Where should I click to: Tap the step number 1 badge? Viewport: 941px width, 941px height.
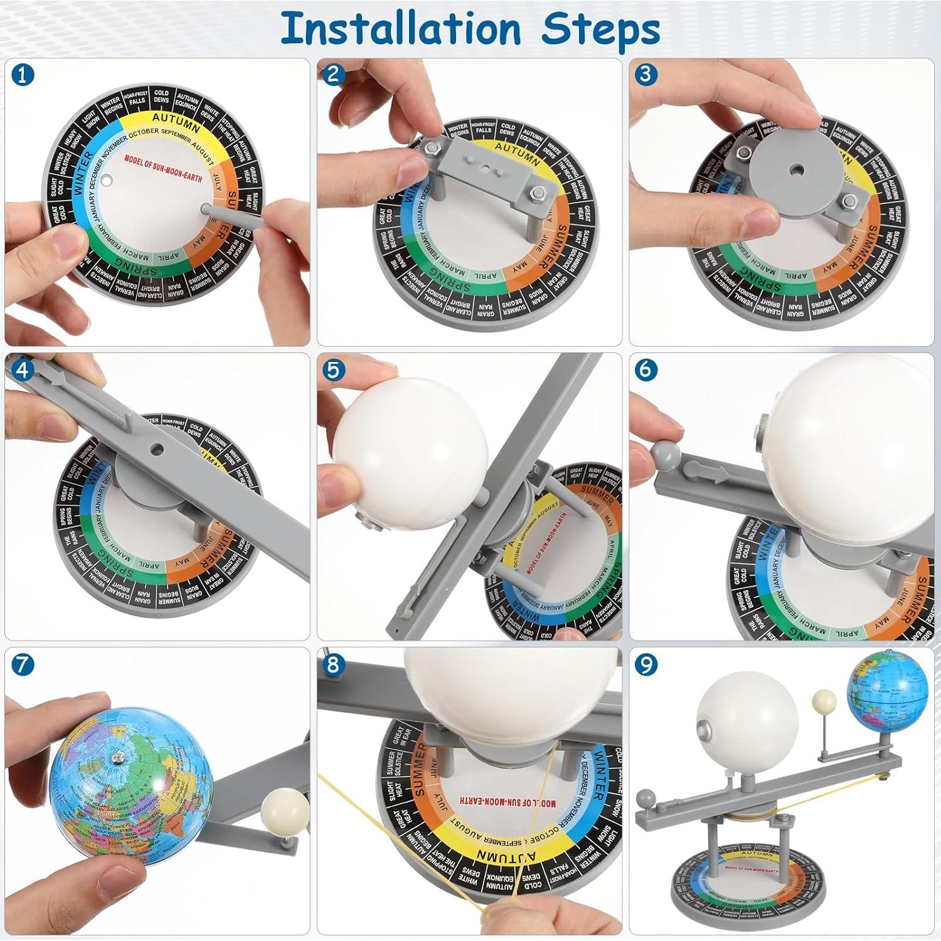pyautogui.click(x=23, y=75)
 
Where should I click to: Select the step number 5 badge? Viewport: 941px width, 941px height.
pyautogui.click(x=333, y=369)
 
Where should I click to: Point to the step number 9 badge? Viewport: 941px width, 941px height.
pyautogui.click(x=646, y=664)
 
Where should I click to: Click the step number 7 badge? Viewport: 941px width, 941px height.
pyautogui.click(x=23, y=664)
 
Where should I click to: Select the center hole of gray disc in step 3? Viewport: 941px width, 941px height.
pyautogui.click(x=796, y=169)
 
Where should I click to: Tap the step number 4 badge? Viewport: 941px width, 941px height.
pyautogui.click(x=23, y=369)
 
